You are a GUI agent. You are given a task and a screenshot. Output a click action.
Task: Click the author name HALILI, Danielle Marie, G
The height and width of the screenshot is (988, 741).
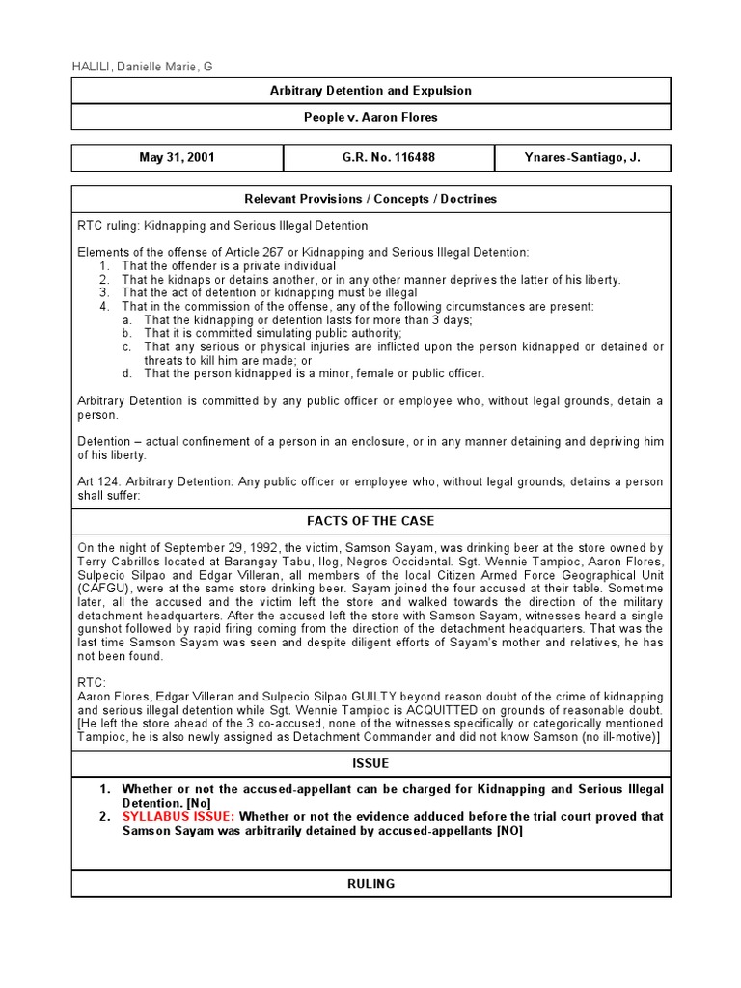click(142, 66)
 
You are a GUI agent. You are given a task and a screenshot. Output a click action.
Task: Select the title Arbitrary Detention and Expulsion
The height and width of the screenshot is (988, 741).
click(370, 91)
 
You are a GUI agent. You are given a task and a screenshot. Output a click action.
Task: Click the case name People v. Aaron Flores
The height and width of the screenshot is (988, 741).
click(370, 117)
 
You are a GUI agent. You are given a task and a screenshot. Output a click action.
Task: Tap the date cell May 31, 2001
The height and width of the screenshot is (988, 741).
click(177, 158)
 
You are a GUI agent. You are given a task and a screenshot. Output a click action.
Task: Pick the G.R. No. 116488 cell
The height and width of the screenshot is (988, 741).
click(388, 158)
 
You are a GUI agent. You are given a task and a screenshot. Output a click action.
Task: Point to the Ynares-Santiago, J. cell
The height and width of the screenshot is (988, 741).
click(582, 158)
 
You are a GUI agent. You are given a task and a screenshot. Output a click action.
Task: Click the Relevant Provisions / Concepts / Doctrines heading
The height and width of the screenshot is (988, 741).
click(370, 199)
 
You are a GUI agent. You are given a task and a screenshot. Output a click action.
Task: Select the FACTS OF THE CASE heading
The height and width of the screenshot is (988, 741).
click(370, 521)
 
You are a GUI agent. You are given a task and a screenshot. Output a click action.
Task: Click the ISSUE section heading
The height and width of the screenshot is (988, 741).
click(370, 763)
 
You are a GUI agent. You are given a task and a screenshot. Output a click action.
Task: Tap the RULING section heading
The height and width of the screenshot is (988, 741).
click(370, 884)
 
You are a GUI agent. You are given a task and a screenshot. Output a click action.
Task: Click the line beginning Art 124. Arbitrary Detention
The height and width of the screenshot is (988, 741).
click(370, 482)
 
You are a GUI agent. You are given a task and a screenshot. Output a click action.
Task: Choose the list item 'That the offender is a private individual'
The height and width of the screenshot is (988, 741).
click(229, 265)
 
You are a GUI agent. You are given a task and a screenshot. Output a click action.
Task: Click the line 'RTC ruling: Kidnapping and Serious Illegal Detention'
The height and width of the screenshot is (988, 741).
click(222, 226)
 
